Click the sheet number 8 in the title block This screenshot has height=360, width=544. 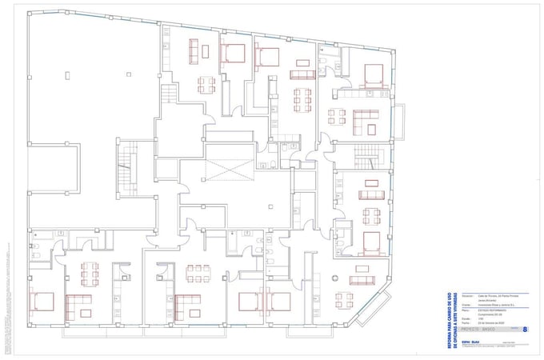[525, 328]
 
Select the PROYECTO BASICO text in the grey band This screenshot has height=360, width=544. [479, 329]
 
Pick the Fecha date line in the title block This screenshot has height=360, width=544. [484, 322]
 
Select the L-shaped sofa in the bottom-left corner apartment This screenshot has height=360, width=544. [78, 303]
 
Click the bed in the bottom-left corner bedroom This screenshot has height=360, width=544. [42, 302]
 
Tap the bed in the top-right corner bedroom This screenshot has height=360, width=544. [374, 75]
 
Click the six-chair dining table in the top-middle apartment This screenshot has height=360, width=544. [302, 99]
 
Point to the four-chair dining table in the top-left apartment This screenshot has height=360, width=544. [206, 83]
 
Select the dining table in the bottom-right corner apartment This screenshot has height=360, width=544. [344, 300]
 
